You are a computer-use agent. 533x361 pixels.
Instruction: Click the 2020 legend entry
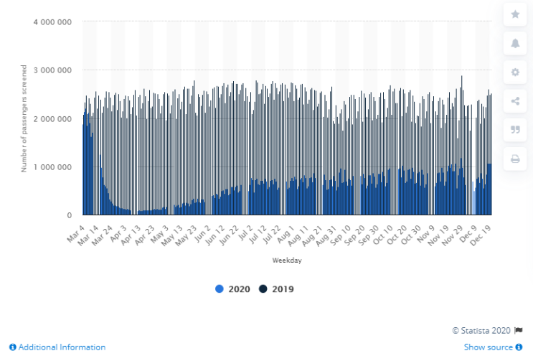(x=235, y=289)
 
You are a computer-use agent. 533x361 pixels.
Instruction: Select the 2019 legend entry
(x=277, y=289)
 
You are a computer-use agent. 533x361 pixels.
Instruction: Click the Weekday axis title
(x=287, y=261)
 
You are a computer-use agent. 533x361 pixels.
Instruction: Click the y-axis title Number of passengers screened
(x=24, y=118)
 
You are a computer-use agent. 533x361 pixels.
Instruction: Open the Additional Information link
(x=57, y=347)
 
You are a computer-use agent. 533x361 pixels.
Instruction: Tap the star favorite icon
(x=515, y=14)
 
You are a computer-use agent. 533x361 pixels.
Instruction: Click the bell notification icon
(x=515, y=43)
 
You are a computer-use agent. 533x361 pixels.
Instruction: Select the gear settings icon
(x=515, y=72)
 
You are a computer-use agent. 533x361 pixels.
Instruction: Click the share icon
(x=515, y=101)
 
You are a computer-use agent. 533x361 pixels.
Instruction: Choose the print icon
(x=515, y=159)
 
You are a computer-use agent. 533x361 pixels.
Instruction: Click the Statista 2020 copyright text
(x=482, y=330)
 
